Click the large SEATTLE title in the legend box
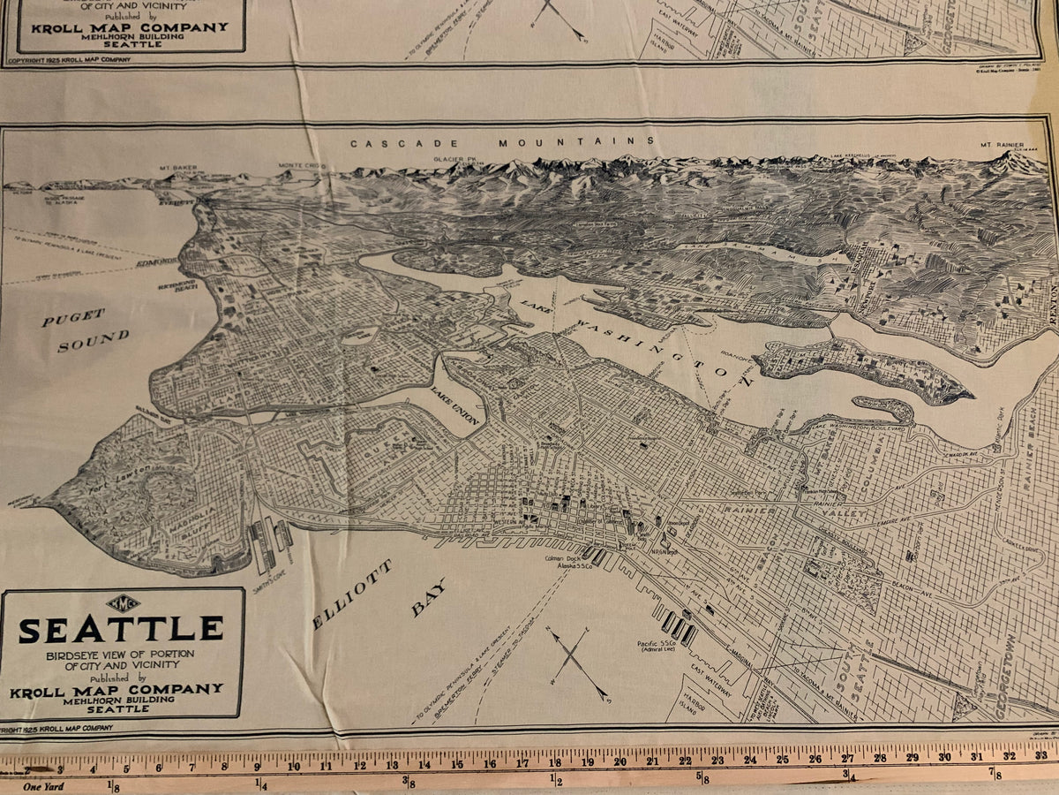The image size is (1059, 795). click(x=121, y=629)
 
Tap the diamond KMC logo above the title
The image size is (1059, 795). click(x=123, y=604)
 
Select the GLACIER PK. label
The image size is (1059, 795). click(x=455, y=159)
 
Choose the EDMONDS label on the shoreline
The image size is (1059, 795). click(x=157, y=262)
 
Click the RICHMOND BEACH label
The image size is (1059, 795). click(x=176, y=287)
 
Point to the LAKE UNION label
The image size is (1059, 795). click(x=455, y=405)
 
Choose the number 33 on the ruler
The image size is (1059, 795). click(x=1040, y=756)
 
